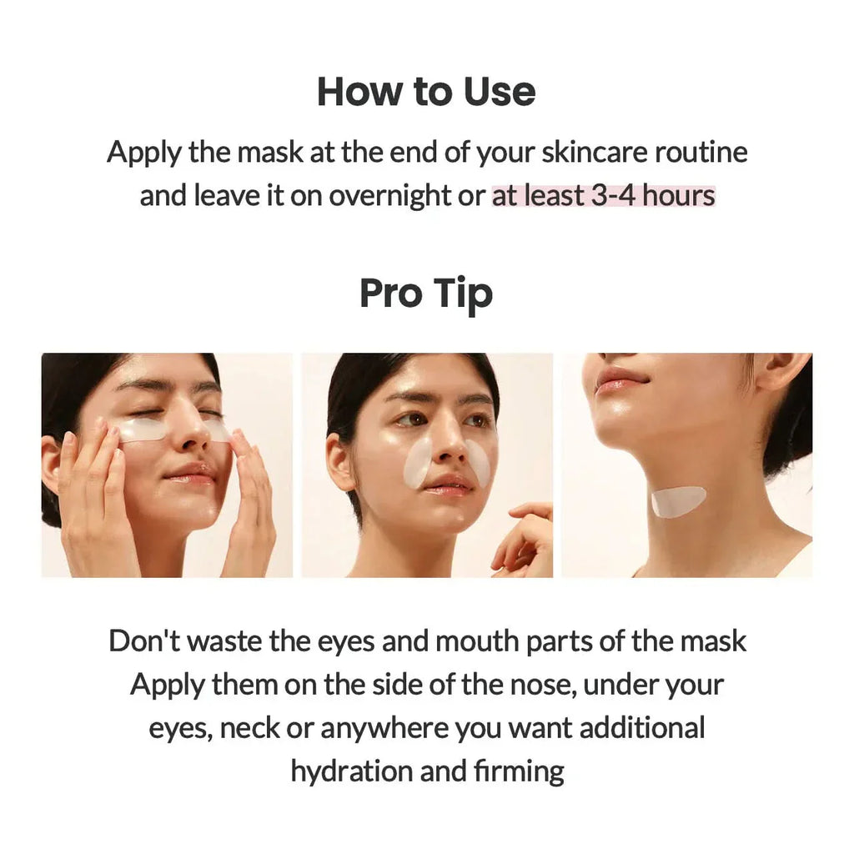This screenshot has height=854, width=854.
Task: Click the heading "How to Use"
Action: [426, 91]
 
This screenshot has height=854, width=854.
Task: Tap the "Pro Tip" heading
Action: [426, 294]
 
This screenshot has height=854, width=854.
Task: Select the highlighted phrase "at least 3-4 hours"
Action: [603, 195]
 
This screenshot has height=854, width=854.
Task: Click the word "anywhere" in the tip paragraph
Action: [384, 728]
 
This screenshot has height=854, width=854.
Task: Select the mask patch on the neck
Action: [678, 501]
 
